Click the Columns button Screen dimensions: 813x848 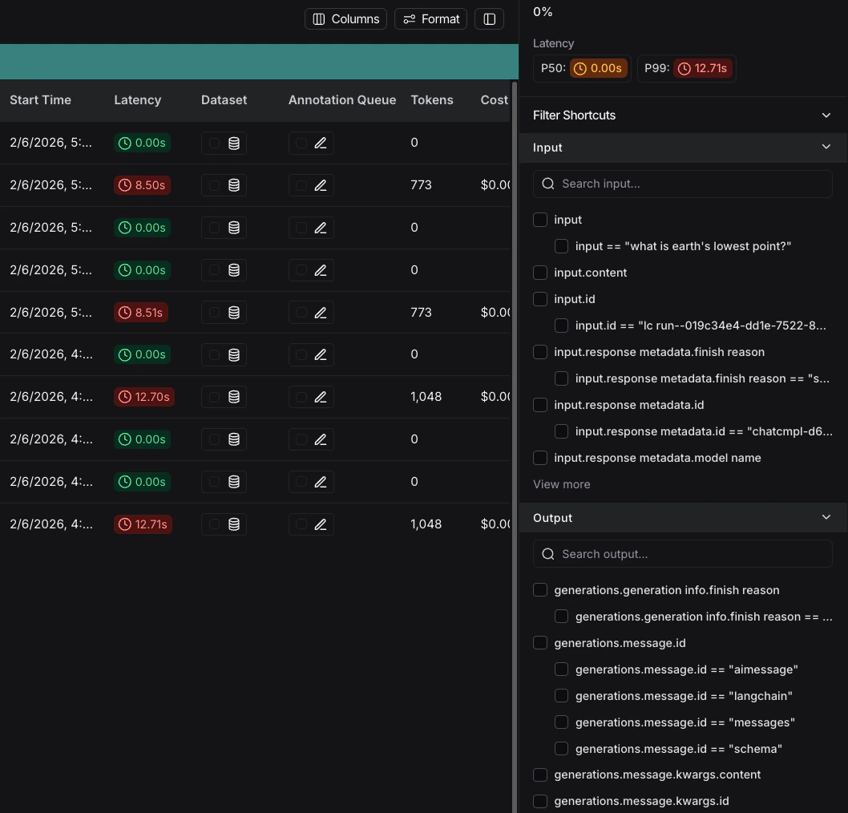(345, 19)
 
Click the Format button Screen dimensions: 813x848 (431, 19)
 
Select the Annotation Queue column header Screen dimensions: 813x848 (342, 100)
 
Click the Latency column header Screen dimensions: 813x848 (138, 100)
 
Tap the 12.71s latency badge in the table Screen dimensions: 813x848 (143, 524)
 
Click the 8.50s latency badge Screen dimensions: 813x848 (142, 185)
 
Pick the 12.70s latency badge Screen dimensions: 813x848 (144, 397)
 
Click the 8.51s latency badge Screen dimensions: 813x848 (142, 313)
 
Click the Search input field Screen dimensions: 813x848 (683, 184)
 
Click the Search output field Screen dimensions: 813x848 (683, 554)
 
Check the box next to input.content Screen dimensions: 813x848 (540, 273)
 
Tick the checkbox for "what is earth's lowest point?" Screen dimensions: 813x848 (561, 246)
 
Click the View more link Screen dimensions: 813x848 (562, 484)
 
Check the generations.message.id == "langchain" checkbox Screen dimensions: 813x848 (561, 696)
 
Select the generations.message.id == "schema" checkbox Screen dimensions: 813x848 (561, 749)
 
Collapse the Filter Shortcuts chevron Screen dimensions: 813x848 (826, 115)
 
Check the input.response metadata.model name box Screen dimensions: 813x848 (540, 458)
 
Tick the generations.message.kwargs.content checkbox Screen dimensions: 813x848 (540, 775)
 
